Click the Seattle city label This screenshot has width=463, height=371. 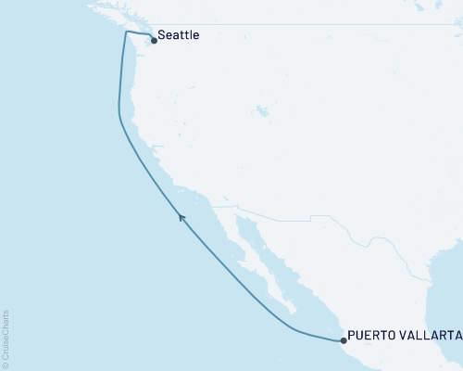179,35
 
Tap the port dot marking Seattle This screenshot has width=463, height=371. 154,41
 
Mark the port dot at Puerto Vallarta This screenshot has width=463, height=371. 344,341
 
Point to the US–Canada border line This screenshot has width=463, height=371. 278,24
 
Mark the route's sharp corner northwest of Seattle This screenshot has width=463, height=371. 125,32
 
